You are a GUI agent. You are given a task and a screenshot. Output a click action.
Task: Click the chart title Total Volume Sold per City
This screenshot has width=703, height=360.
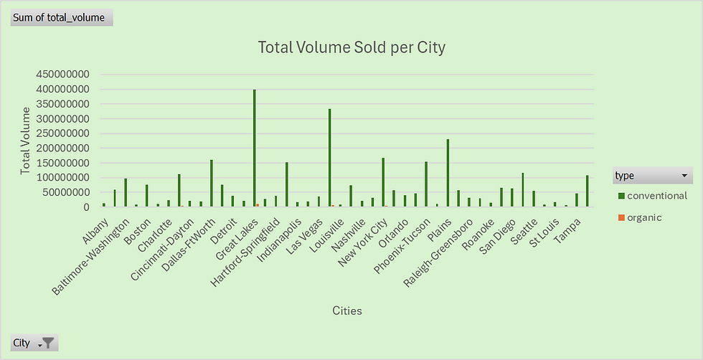351,48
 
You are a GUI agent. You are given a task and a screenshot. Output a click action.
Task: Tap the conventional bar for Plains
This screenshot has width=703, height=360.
448,173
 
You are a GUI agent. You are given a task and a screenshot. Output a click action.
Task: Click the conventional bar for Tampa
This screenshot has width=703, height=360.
587,191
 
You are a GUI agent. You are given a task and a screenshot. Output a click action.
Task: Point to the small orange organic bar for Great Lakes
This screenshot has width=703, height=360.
258,205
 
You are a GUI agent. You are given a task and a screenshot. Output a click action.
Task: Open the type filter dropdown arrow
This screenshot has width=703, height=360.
684,176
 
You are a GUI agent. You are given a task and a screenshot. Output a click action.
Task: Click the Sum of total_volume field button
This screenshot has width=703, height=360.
62,17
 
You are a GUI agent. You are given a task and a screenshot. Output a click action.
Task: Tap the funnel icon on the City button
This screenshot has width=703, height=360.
47,343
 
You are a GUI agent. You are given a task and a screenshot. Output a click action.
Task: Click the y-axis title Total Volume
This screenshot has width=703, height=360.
26,141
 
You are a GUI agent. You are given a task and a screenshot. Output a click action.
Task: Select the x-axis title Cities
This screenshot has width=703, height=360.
347,311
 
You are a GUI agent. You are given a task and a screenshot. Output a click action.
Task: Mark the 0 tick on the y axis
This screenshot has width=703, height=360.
85,207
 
